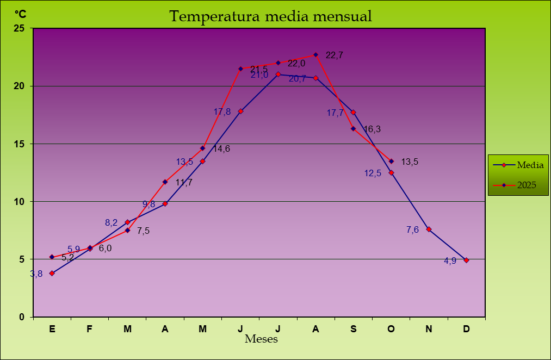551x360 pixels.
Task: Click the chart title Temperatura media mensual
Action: click(270, 16)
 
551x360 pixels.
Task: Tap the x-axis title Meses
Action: click(261, 339)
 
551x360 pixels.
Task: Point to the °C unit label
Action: click(20, 14)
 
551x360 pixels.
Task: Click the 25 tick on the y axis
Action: click(19, 28)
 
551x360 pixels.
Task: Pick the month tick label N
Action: click(429, 329)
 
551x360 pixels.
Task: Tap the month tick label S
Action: click(354, 329)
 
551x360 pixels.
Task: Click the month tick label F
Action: click(90, 329)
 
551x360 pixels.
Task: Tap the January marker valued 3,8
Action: click(52, 273)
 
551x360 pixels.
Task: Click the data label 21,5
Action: click(259, 69)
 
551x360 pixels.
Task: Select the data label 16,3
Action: click(372, 129)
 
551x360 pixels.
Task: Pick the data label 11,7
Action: click(184, 183)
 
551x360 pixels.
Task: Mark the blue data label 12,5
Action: click(373, 173)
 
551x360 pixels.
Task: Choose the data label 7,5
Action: click(143, 231)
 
